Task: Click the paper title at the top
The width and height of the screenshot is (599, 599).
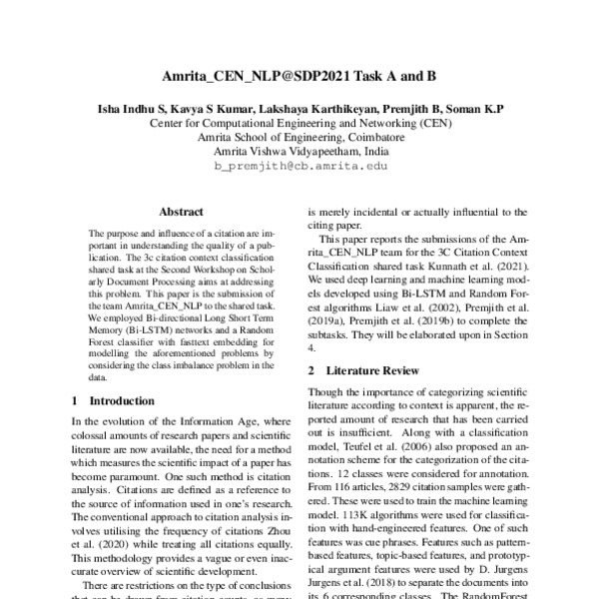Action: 299,76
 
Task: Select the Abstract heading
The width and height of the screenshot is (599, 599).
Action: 181,212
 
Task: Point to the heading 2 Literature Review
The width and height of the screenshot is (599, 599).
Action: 362,371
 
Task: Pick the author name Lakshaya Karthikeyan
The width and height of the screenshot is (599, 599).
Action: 317,106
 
